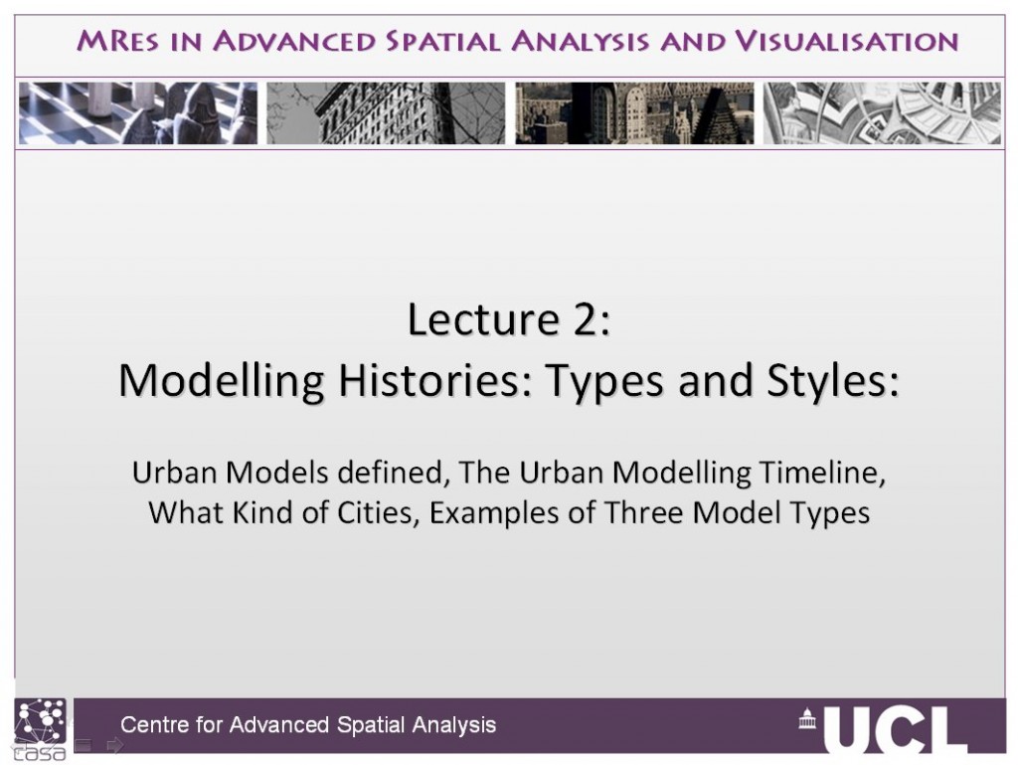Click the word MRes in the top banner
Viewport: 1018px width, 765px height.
[117, 41]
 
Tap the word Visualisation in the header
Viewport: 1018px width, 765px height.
[847, 41]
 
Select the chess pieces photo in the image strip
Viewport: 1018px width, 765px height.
[138, 113]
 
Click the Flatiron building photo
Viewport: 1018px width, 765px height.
[386, 113]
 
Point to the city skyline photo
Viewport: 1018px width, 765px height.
[634, 113]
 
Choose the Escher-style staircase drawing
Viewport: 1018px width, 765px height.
[882, 113]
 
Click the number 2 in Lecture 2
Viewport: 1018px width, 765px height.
[586, 319]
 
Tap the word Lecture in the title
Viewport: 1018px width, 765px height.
[484, 319]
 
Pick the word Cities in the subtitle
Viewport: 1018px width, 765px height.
[378, 513]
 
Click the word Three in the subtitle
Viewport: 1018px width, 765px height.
[644, 513]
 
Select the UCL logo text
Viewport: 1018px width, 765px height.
[896, 729]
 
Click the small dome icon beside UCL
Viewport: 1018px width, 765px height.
[807, 718]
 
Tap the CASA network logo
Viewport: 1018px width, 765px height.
[40, 728]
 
